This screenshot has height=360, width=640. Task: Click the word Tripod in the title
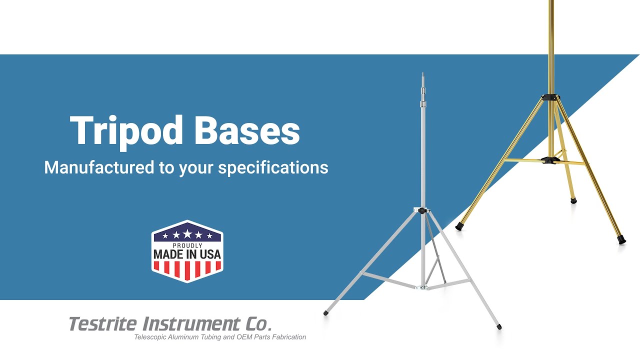coord(127,131)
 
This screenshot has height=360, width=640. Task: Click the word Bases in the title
coord(246,131)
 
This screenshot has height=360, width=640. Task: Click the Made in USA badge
coord(187,251)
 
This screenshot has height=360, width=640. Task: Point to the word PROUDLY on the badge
coord(187,245)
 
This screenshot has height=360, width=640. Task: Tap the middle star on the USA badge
coord(187,234)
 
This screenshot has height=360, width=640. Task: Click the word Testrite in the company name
coord(102,324)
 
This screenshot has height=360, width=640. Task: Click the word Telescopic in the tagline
coord(150,337)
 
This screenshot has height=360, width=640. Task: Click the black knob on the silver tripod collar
coord(421,211)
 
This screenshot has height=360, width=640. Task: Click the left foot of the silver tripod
coord(326,313)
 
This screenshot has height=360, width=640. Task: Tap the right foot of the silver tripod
coord(499,327)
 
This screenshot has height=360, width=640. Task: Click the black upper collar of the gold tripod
coord(550,97)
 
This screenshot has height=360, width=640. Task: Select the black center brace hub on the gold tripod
coord(549,160)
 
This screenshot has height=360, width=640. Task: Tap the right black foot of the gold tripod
coord(621,239)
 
